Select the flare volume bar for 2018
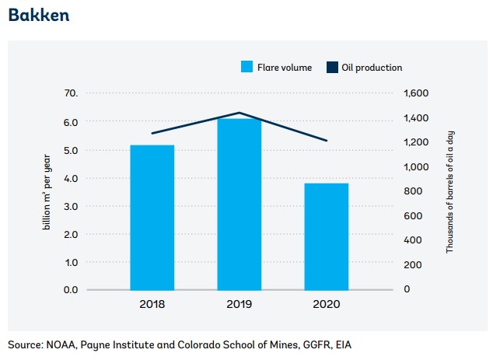[x=152, y=217]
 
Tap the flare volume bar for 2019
[x=239, y=204]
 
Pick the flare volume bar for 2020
[x=326, y=236]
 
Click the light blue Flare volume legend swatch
[x=247, y=68]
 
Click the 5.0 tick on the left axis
[x=71, y=150]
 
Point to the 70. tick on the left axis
[x=71, y=93]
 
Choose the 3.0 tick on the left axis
[x=71, y=206]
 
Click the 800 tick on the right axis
[x=412, y=191]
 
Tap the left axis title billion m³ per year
[x=47, y=191]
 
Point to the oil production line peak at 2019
[x=239, y=113]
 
